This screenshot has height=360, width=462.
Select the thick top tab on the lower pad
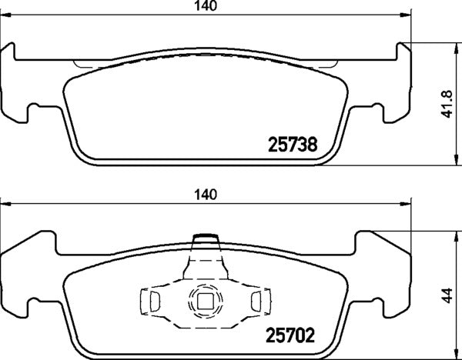coord(205,236)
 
